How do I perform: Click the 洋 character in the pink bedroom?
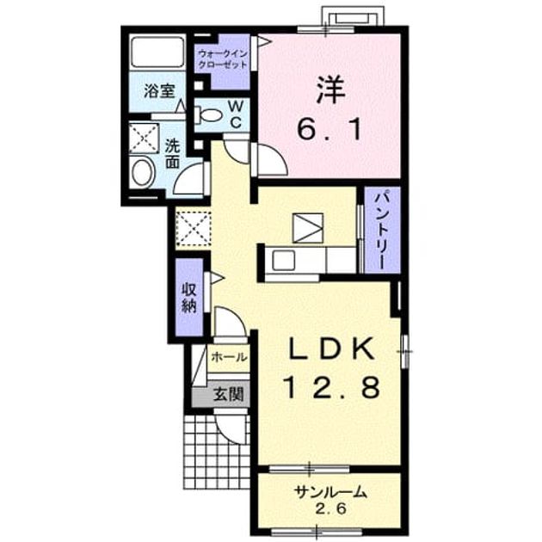pos(330,89)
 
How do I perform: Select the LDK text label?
pos(331,348)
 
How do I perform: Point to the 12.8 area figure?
pos(331,387)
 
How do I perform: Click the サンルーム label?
pos(330,492)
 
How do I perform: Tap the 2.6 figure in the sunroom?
pos(330,508)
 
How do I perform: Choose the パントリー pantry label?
pos(381,231)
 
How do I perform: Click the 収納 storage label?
pos(188,298)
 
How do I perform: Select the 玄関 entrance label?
pos(228,394)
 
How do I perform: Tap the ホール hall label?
pos(229,357)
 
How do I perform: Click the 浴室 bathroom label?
pos(159,91)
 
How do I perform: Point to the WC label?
pos(235,114)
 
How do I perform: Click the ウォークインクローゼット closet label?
pos(222,59)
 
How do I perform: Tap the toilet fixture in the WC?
pos(206,115)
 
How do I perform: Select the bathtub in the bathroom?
pos(157,51)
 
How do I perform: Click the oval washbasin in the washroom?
pos(143,172)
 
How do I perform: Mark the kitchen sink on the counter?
pos(283,261)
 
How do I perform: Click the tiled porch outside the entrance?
pos(217,452)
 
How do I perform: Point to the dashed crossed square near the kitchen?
pos(193,229)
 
